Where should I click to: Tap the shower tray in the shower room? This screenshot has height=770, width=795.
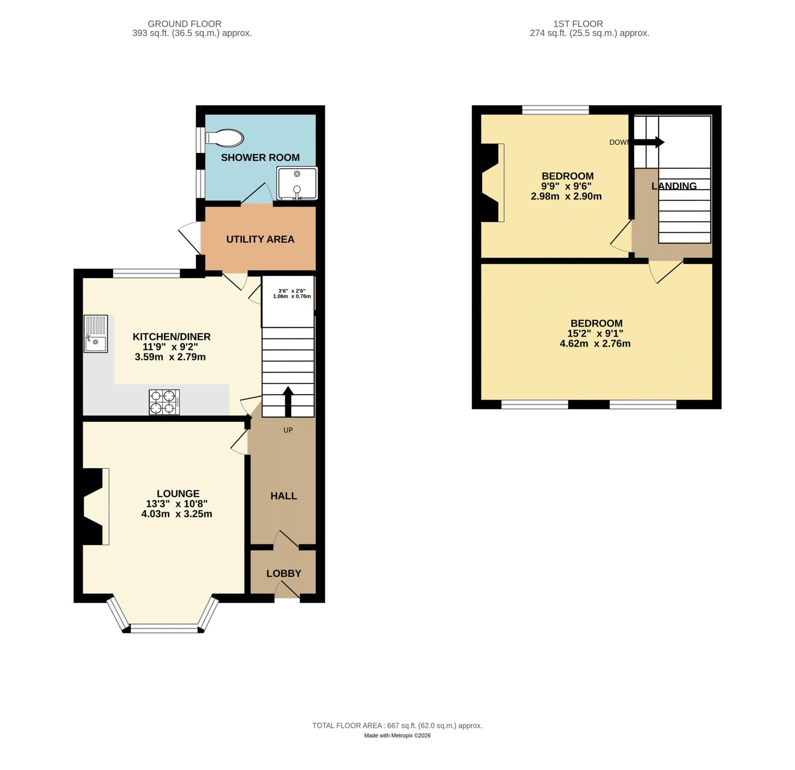tap(297, 183)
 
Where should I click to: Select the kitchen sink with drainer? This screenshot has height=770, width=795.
tap(96, 334)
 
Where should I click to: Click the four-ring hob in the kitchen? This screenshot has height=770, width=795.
tap(164, 402)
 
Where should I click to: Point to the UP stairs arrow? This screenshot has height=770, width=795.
tap(288, 401)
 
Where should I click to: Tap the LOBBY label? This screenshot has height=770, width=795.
tap(284, 573)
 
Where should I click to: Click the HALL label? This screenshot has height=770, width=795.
tap(284, 496)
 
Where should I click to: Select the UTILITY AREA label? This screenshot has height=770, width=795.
tap(260, 239)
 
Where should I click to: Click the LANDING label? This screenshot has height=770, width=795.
tap(674, 186)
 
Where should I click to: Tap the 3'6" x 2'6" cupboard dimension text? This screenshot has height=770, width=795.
tap(292, 294)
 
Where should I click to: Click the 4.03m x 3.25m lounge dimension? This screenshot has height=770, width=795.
tap(176, 514)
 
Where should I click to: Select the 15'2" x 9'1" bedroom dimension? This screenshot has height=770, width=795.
tap(595, 333)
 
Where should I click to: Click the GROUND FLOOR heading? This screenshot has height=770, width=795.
tap(184, 24)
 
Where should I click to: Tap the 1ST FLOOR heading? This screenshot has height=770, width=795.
tap(578, 24)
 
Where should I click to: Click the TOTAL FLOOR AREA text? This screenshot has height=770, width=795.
tap(397, 725)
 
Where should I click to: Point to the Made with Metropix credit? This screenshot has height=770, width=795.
tap(397, 736)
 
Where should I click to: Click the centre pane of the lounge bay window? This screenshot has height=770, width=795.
tap(164, 629)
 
